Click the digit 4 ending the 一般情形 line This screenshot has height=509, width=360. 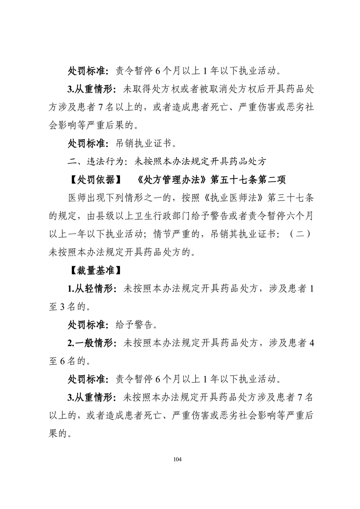click(310, 343)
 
